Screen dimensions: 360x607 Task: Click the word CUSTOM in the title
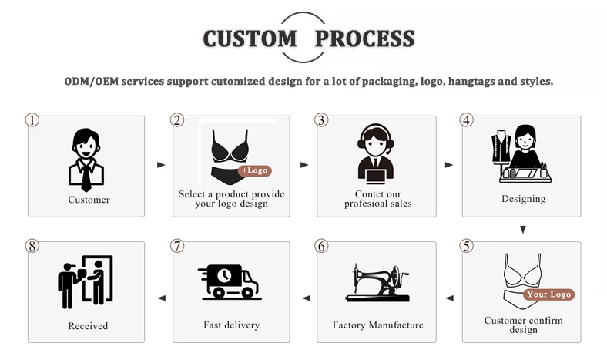tap(250, 38)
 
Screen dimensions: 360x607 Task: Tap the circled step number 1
tap(32, 120)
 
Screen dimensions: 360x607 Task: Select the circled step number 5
tap(466, 246)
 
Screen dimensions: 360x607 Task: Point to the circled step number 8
tap(32, 246)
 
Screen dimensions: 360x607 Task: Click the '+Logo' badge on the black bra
tap(255, 170)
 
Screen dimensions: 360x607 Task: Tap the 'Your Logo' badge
tap(549, 294)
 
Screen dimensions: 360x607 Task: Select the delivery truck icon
tap(230, 281)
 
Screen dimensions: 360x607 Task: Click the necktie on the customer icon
tap(86, 177)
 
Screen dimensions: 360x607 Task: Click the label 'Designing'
tap(523, 199)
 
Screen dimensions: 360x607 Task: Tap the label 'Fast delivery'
tap(231, 325)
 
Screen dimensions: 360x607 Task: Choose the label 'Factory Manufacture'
tap(377, 325)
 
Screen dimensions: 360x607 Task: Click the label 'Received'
tap(88, 326)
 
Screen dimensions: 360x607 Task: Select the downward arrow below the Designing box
tap(523, 230)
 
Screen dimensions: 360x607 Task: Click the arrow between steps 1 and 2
tap(160, 165)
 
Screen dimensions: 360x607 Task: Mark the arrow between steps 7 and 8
tap(160, 298)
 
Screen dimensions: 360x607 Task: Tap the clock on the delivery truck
tap(224, 275)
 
